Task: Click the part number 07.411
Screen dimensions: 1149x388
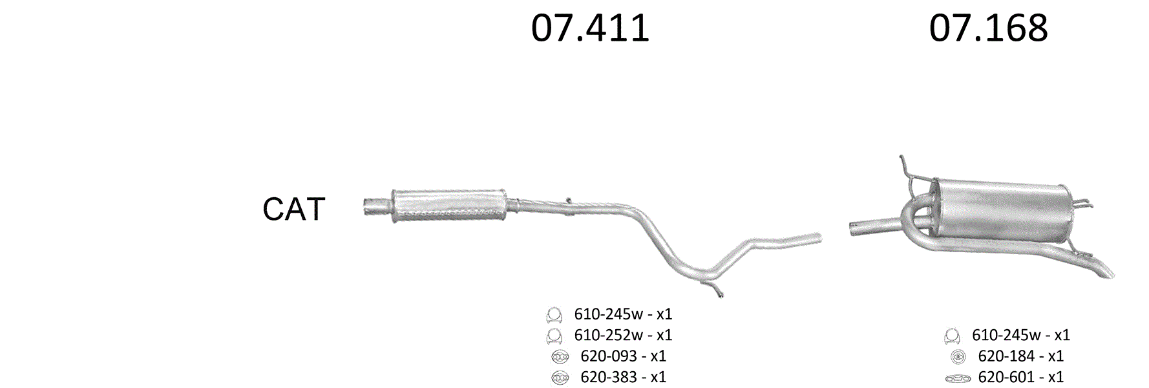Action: tap(590, 28)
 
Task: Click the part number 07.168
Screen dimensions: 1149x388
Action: tap(988, 28)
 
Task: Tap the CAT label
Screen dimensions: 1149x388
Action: tap(293, 209)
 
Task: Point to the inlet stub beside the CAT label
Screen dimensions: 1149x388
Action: tap(377, 206)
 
